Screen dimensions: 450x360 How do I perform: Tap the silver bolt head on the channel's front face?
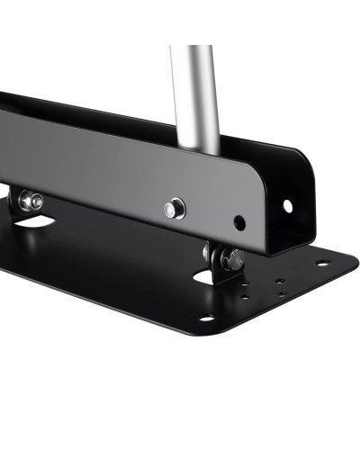(x=169, y=209)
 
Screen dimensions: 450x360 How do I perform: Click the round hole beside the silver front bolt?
(x=238, y=221)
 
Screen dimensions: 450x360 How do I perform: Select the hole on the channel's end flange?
(x=288, y=206)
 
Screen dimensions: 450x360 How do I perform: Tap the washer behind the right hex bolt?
(x=219, y=256)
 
